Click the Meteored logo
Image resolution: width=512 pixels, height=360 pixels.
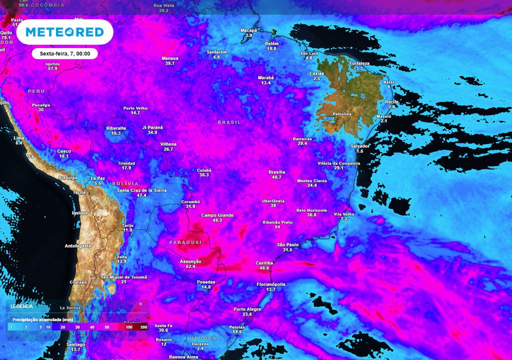(64, 32)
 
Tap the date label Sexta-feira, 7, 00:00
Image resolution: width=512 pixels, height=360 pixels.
(64, 53)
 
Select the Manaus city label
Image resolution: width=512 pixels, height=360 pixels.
(170, 58)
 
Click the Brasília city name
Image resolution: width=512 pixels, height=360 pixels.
(276, 172)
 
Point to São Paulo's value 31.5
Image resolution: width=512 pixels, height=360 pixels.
(287, 250)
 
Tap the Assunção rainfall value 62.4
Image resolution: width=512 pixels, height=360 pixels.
(190, 267)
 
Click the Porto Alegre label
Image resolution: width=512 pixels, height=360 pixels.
(247, 309)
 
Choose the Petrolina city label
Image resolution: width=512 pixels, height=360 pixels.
(342, 114)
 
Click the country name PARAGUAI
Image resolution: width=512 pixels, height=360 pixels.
(185, 242)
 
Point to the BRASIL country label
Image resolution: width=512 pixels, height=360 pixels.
(229, 122)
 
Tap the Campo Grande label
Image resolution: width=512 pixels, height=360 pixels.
(217, 215)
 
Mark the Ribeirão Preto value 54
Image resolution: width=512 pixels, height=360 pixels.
(277, 227)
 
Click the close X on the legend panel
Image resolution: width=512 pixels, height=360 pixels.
(140, 303)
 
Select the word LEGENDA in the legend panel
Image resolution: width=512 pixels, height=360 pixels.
(21, 306)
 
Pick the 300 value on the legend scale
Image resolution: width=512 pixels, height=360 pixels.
(144, 327)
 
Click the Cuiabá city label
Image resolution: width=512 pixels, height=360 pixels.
(203, 170)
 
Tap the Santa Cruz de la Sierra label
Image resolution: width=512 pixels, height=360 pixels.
(141, 190)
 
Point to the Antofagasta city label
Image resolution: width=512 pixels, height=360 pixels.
(79, 246)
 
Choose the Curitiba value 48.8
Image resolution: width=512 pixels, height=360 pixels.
(264, 268)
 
